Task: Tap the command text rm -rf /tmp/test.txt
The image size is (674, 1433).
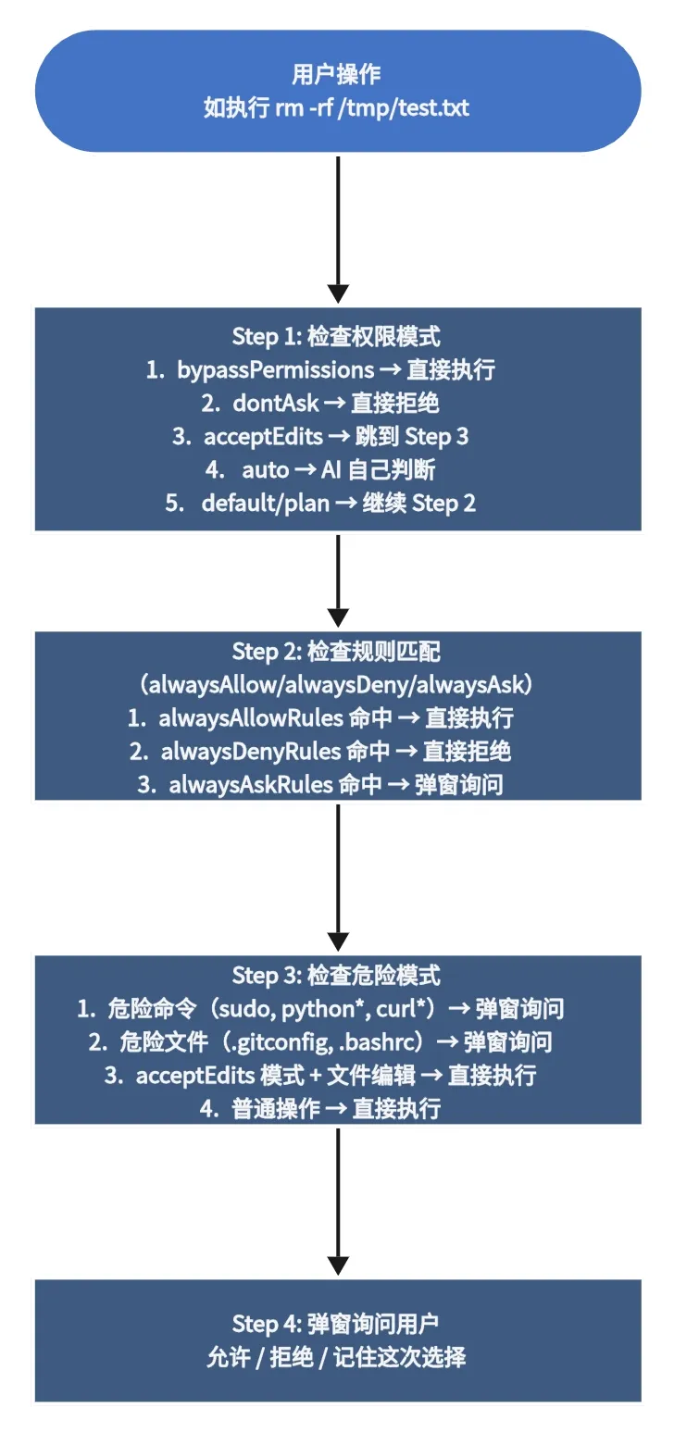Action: (372, 108)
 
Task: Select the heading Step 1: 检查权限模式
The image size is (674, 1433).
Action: (337, 336)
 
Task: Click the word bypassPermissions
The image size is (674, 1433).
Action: (276, 370)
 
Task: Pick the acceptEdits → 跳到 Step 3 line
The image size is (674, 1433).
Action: (337, 437)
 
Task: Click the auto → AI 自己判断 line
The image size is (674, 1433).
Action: (337, 470)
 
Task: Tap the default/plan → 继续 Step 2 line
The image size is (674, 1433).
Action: (337, 504)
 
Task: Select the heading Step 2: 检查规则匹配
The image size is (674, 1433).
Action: (337, 652)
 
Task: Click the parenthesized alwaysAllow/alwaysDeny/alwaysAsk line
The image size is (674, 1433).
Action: (337, 685)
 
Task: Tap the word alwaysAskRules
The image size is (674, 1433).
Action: (251, 785)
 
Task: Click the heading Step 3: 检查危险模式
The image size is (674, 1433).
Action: (337, 975)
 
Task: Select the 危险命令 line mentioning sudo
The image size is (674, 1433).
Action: (337, 1008)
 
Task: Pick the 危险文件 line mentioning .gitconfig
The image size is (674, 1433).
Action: (337, 1041)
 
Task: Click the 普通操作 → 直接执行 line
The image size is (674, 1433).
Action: (337, 1108)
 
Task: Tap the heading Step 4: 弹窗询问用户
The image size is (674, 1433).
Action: (337, 1324)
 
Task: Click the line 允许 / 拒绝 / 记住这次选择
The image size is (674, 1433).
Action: (337, 1357)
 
